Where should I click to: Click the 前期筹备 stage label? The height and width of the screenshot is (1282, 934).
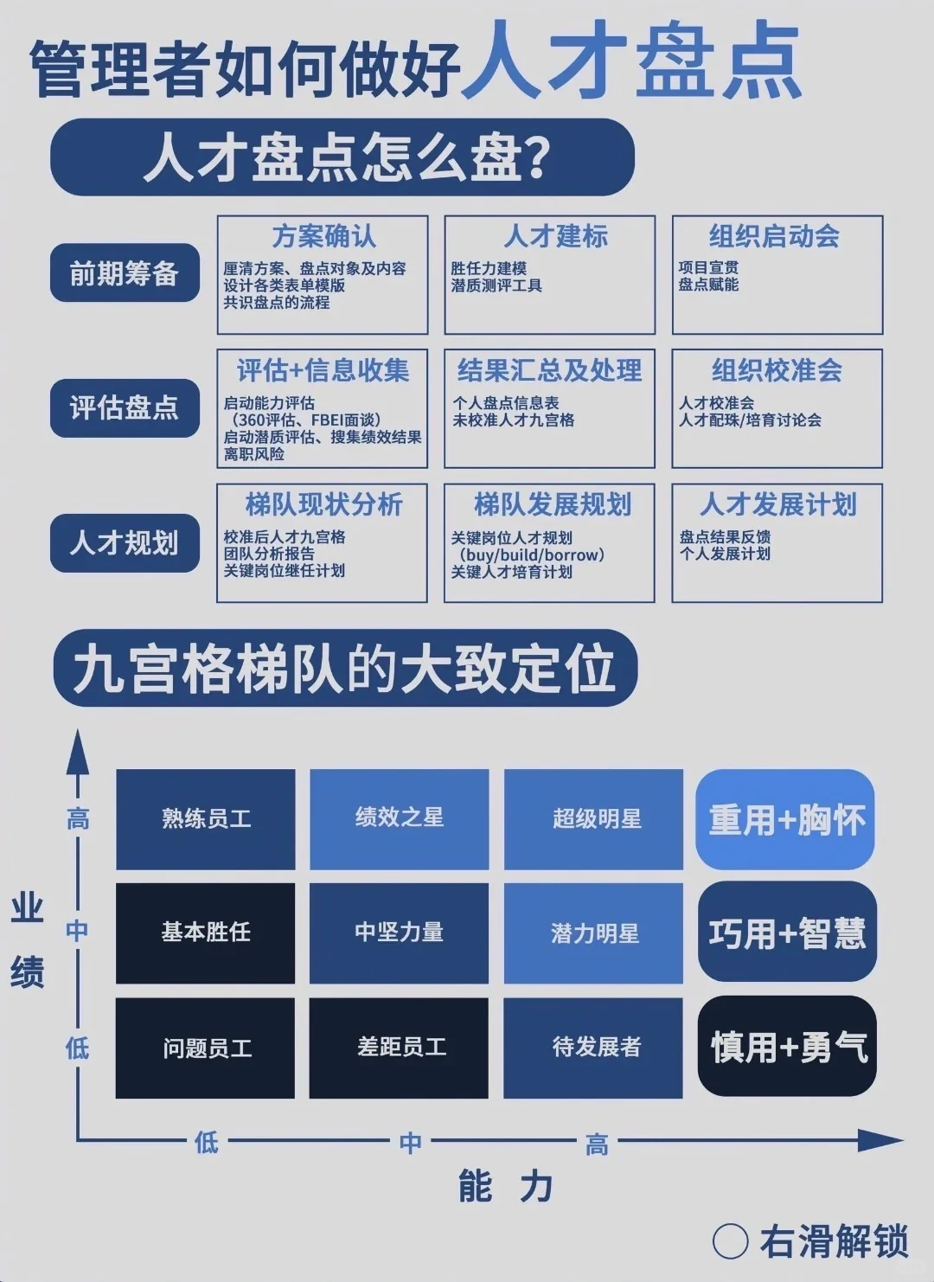click(x=125, y=273)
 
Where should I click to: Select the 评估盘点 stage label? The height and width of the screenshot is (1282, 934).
click(x=125, y=407)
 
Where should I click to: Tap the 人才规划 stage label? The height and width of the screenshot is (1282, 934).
click(x=125, y=542)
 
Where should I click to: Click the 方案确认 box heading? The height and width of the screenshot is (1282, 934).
click(x=323, y=236)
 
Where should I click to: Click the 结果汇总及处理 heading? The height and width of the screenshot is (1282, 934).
click(x=549, y=370)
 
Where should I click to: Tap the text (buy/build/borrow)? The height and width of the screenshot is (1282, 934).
click(x=531, y=554)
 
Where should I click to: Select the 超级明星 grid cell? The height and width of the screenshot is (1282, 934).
click(x=596, y=818)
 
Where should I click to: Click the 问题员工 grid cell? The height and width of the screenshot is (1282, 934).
click(x=207, y=1048)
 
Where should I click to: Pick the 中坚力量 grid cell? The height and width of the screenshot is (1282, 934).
click(x=399, y=932)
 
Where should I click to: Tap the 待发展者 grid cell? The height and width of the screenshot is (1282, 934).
click(x=596, y=1048)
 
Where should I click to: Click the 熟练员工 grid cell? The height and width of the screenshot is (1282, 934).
click(x=206, y=818)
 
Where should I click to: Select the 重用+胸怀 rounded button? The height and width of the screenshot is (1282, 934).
click(x=785, y=819)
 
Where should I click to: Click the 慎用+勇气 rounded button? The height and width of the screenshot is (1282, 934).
click(x=787, y=1047)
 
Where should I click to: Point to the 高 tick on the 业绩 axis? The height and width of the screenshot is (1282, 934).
click(x=78, y=818)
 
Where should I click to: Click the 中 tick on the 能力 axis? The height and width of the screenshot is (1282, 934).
click(x=411, y=1143)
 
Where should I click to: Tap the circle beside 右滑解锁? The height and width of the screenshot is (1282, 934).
click(x=730, y=1242)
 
